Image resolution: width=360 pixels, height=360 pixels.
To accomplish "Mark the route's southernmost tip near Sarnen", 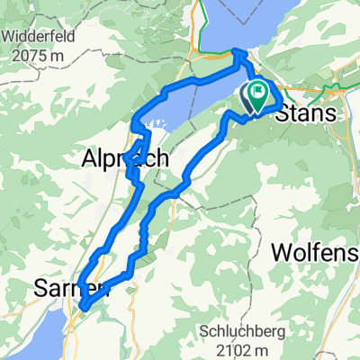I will click(x=83, y=309).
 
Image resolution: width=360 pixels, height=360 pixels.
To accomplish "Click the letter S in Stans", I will click(x=280, y=114).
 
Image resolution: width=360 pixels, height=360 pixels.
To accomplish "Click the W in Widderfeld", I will click(x=8, y=39).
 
